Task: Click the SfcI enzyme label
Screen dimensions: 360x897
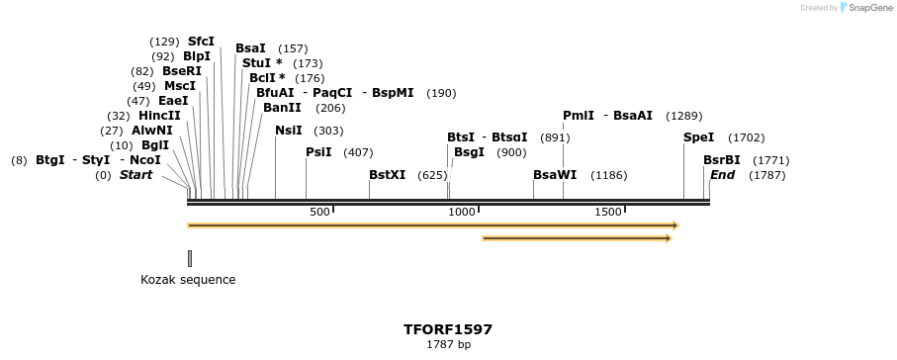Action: tap(201, 42)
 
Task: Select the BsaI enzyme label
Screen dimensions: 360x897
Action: tap(250, 48)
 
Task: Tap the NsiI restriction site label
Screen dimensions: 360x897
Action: tap(289, 131)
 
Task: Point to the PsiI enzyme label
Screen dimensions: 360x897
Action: tap(318, 152)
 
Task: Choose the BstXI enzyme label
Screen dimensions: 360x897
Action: tap(387, 175)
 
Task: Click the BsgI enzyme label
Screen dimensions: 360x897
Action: tap(469, 152)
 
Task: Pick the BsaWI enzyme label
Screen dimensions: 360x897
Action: tap(555, 175)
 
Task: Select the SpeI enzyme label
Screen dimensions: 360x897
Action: tap(698, 137)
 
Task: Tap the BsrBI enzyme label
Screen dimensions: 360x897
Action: tap(722, 160)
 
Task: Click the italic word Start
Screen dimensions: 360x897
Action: tap(136, 175)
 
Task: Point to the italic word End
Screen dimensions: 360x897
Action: tap(722, 175)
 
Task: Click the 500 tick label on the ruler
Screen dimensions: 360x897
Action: tap(319, 212)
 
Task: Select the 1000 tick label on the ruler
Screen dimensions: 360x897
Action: tap(462, 212)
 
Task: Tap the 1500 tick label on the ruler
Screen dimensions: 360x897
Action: tap(608, 212)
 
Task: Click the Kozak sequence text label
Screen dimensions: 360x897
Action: tap(188, 280)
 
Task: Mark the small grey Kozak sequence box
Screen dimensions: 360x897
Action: tap(190, 258)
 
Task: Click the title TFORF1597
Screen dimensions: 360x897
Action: tap(448, 329)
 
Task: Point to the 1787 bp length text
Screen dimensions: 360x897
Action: tap(448, 345)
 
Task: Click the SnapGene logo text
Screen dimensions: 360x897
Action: tap(868, 8)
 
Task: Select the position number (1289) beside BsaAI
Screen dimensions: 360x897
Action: tap(684, 116)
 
